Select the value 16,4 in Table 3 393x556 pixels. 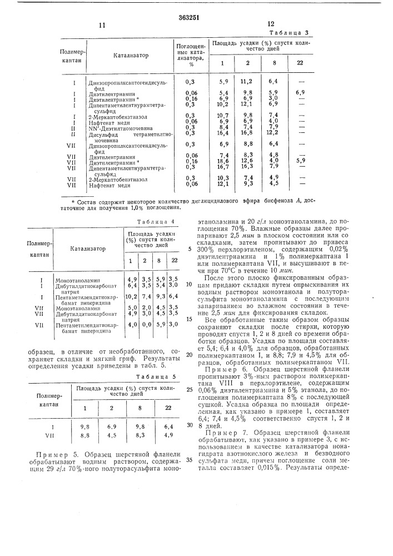(x=223, y=133)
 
